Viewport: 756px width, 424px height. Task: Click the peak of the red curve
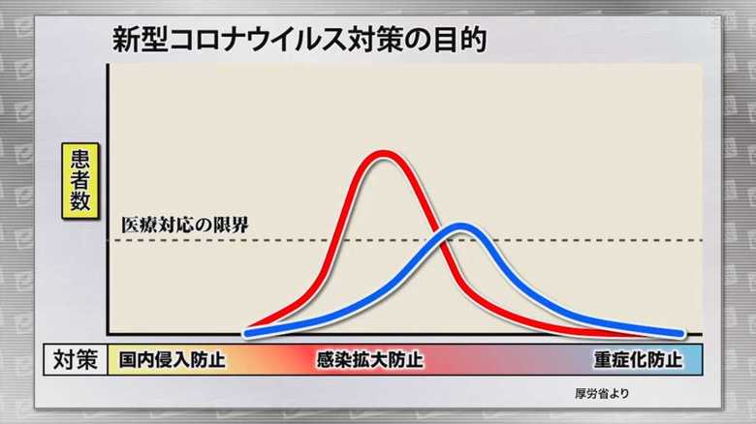point(384,155)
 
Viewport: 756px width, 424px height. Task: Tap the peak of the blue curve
point(460,227)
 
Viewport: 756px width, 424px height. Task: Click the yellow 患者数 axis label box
point(80,181)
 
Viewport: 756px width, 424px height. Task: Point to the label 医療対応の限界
point(185,225)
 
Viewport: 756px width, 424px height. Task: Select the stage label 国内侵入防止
point(173,359)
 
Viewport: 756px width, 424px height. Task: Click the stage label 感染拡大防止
point(370,359)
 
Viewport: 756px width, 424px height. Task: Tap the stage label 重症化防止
point(638,359)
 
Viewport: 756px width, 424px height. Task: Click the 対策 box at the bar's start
point(76,359)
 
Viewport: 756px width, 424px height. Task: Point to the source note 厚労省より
point(602,393)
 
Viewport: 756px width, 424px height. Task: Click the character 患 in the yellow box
point(80,159)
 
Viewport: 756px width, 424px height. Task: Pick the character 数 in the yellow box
point(80,201)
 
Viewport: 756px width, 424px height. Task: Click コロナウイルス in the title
point(258,40)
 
